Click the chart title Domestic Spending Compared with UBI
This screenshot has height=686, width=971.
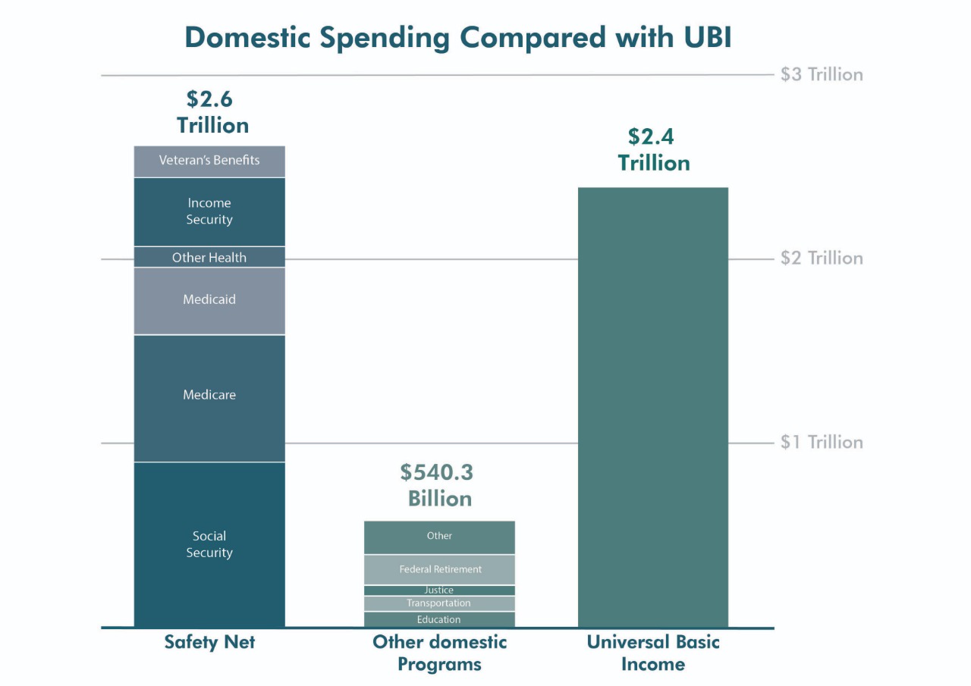458,37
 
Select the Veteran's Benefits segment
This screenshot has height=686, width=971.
209,161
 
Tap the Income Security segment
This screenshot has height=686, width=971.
209,211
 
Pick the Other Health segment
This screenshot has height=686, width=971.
209,257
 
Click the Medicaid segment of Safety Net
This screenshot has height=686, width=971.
209,300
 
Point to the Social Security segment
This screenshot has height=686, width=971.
209,544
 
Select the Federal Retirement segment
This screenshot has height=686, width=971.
440,569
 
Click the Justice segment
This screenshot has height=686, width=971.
440,590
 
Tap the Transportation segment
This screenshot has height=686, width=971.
440,603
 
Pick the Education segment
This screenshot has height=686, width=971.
440,619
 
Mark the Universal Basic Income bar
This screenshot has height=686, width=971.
653,406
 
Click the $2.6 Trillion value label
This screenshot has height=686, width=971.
212,112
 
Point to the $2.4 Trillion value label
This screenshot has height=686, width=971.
653,150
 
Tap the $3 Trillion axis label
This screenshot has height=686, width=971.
822,74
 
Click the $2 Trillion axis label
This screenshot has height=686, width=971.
822,258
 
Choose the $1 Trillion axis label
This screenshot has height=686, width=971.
822,442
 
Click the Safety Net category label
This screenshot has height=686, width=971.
209,643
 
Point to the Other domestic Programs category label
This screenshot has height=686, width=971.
440,653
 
